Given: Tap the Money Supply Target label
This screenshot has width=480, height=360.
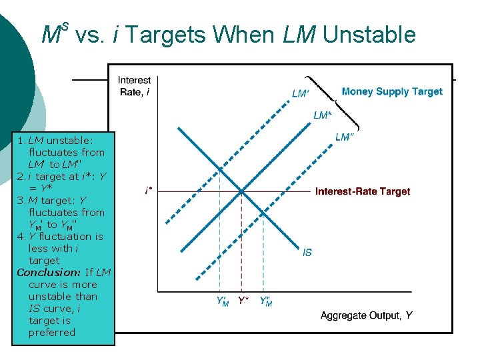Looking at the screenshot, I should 392,91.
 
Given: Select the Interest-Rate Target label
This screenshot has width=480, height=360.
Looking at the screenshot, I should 363,191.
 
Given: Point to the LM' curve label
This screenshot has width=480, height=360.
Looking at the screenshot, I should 301,94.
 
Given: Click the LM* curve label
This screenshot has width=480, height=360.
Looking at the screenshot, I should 322,115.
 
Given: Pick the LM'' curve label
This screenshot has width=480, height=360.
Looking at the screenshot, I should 344,137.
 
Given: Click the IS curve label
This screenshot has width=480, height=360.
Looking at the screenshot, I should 307,252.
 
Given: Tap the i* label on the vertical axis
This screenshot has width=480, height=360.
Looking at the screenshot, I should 148,191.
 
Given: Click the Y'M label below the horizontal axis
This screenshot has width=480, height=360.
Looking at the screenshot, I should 222,302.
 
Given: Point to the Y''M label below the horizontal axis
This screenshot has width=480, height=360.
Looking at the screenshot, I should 265,302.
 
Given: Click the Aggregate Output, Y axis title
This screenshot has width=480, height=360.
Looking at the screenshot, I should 366,315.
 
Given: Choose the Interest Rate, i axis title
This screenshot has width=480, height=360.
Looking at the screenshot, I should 135,86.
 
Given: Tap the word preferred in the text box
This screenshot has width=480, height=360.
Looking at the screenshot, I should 52,332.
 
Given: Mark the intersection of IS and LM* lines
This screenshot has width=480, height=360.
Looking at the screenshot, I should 241,192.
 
